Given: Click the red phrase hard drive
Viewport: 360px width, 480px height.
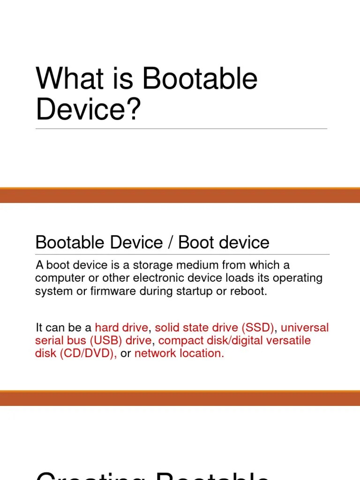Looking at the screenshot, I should [x=121, y=327].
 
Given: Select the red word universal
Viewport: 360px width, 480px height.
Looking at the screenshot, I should [x=305, y=327].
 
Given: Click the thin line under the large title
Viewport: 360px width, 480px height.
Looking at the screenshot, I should [x=181, y=128].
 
